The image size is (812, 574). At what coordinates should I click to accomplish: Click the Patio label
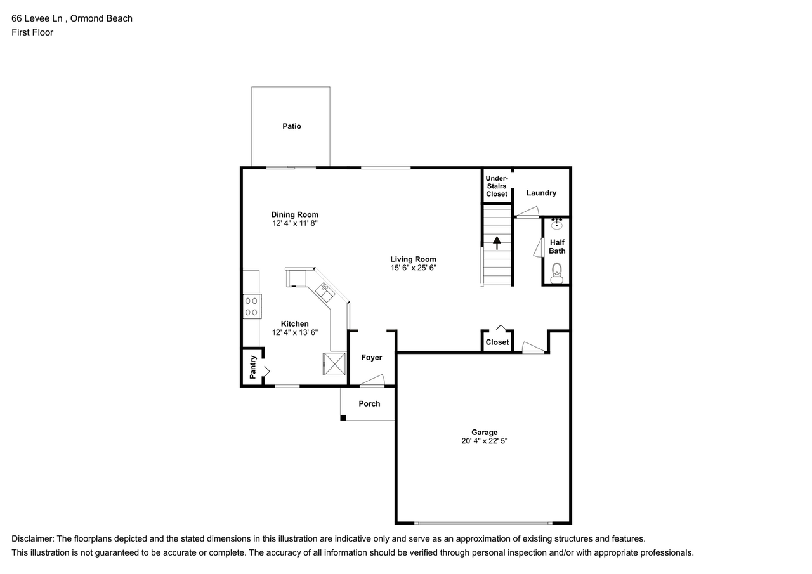[292, 126]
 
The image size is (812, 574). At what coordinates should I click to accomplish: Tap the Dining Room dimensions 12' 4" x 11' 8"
[294, 223]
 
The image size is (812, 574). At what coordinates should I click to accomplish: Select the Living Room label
[413, 259]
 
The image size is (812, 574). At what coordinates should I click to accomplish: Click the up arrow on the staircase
[497, 242]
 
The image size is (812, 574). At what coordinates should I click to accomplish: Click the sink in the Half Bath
[556, 224]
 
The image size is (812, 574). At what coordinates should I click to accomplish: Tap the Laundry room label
[541, 193]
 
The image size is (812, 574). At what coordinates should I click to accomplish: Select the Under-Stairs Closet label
[497, 186]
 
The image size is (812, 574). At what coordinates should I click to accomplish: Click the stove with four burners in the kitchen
[251, 306]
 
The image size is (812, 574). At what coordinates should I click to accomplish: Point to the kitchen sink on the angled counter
[326, 292]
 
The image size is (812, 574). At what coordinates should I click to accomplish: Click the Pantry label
[252, 367]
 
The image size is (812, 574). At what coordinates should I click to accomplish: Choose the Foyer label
[372, 358]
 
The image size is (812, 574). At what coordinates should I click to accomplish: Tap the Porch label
[369, 403]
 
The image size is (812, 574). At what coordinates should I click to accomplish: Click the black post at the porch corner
[343, 417]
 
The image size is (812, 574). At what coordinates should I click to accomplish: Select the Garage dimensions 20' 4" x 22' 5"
[484, 441]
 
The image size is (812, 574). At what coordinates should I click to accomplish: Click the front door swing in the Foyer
[372, 381]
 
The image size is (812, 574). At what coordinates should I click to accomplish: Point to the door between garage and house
[533, 348]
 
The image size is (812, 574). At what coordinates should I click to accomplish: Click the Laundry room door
[527, 212]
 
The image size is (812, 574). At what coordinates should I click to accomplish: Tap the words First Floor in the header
[32, 32]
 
